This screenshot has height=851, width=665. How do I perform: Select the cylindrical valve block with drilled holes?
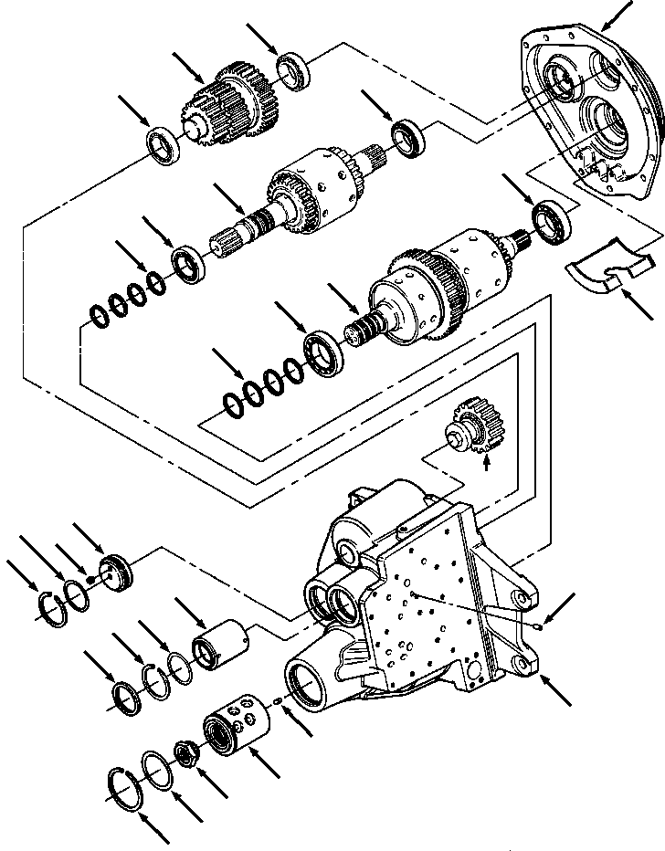239,729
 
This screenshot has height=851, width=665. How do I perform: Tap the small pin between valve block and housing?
279,701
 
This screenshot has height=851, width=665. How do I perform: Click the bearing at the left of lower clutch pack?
323,352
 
